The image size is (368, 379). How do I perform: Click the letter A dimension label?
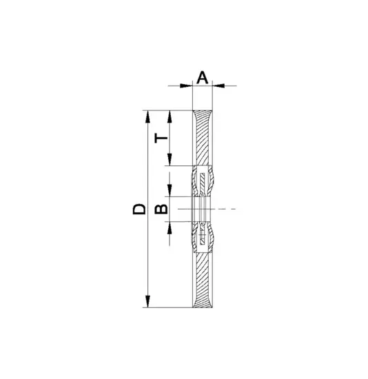pyautogui.click(x=202, y=78)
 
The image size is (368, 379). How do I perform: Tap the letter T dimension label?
pyautogui.click(x=161, y=139)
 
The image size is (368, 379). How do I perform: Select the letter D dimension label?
pyautogui.click(x=139, y=209)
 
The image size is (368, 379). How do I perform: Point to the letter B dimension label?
pyautogui.click(x=161, y=209)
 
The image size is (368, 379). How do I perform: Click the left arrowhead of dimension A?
pyautogui.click(x=186, y=85)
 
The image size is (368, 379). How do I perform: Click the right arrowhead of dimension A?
pyautogui.click(x=218, y=85)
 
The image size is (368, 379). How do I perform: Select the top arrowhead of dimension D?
pyautogui.click(x=147, y=116)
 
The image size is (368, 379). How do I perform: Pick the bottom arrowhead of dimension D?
pyautogui.click(x=147, y=301)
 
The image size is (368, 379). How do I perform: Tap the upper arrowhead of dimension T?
pyautogui.click(x=170, y=116)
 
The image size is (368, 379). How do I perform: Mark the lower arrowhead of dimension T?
pyautogui.click(x=170, y=160)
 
